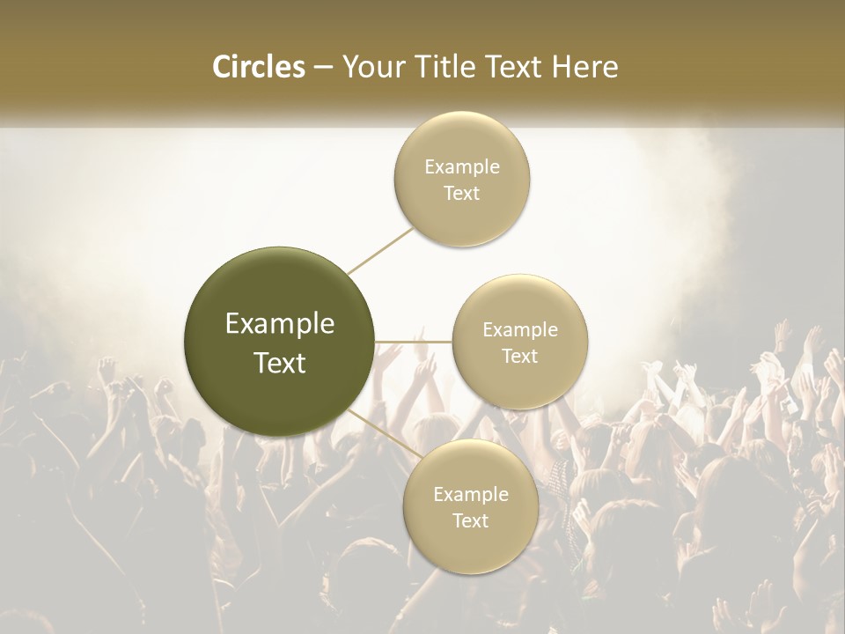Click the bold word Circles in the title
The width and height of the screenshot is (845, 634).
point(259,67)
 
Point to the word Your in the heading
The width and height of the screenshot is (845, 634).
point(371,67)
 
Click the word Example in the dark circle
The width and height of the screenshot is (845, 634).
point(280,325)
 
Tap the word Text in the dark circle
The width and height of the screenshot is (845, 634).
point(280,363)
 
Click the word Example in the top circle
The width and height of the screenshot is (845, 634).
point(462,167)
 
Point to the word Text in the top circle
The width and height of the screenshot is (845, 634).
point(462,194)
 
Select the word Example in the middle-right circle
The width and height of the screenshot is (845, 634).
point(520,330)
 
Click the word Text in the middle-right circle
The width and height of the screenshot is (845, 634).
point(520,357)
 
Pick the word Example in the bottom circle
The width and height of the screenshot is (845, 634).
point(471,495)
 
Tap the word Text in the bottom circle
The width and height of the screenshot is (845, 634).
point(471,521)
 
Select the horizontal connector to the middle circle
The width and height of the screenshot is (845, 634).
point(413,342)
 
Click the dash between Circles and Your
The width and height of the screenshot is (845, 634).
point(322,68)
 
